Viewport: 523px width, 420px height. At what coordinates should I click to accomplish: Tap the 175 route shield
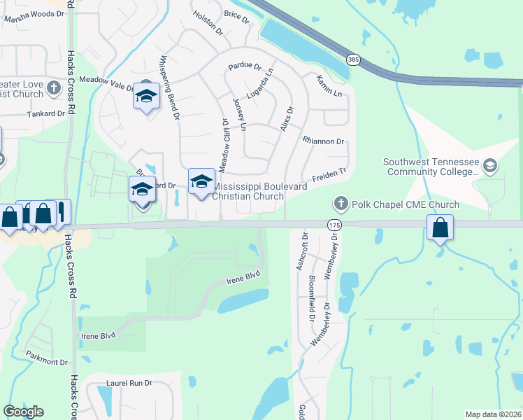coord(332,223)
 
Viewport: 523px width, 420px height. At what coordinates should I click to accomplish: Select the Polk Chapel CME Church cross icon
coord(341,204)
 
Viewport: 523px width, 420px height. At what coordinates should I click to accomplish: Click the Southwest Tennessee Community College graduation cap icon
coord(490,166)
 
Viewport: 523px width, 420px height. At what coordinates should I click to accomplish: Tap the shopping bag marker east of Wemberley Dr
coord(440,227)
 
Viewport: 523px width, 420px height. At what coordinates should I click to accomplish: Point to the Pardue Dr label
coord(245,68)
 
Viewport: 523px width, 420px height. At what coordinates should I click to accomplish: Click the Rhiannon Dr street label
coord(324,141)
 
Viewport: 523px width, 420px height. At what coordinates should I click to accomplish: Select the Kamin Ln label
coord(329,86)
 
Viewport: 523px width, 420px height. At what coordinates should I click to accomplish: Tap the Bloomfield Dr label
coord(311,294)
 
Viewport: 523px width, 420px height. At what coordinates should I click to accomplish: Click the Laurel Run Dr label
coord(129,383)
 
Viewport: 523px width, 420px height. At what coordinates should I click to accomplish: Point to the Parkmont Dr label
coord(46,363)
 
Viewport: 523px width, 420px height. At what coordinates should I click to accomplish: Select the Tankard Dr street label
coord(45,113)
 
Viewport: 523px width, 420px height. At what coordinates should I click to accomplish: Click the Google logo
coord(23,412)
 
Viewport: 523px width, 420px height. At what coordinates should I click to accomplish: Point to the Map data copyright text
coord(492,414)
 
